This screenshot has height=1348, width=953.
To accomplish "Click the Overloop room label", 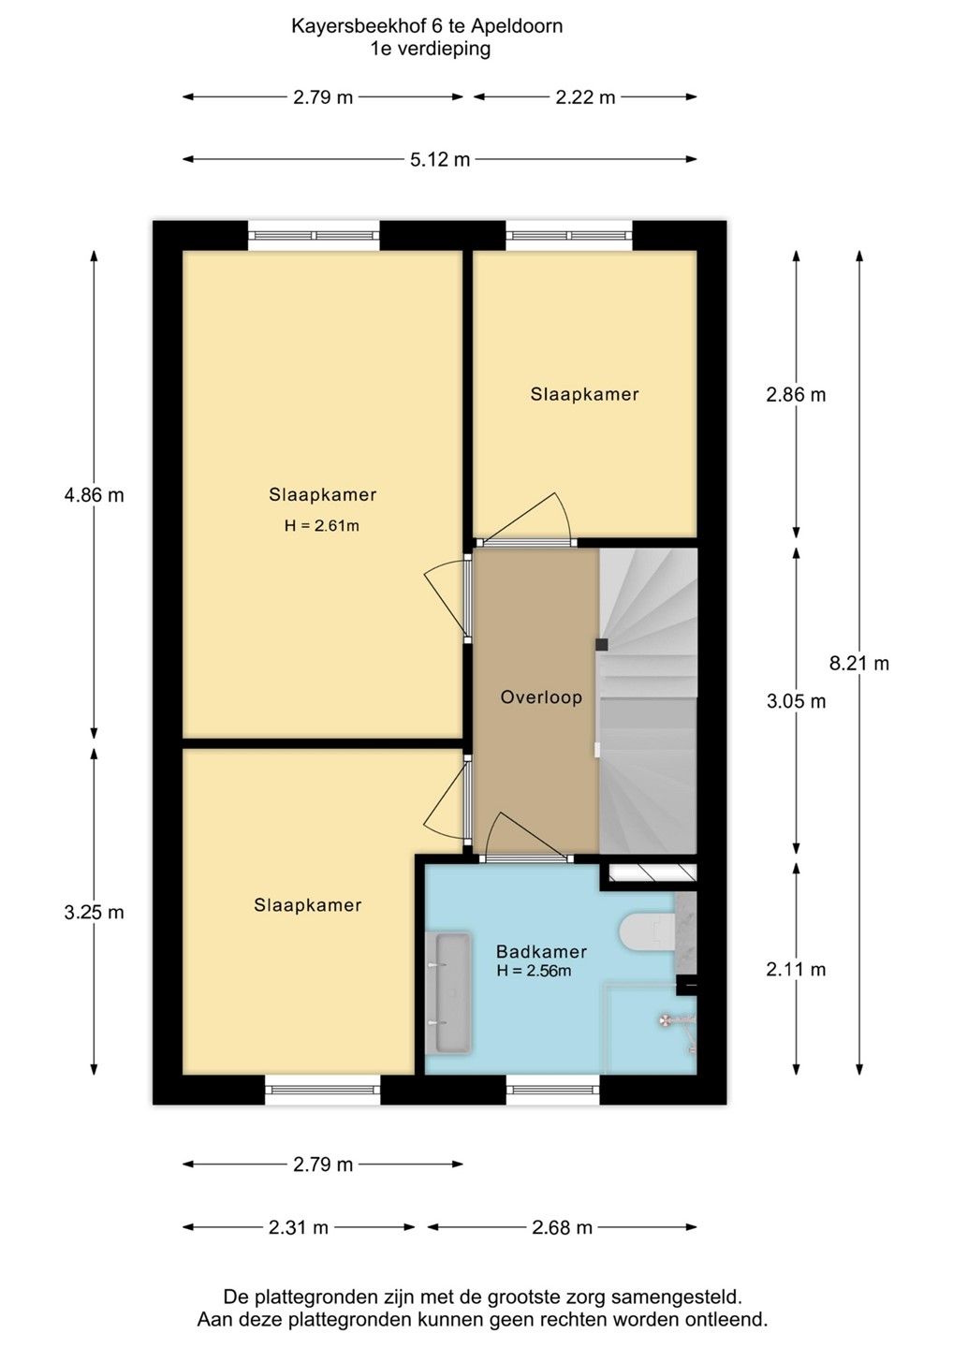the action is tap(541, 697).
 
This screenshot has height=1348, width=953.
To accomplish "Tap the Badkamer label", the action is tap(541, 951).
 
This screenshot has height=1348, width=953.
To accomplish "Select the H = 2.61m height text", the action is tap(321, 526).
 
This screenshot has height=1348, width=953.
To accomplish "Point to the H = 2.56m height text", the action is tap(534, 971).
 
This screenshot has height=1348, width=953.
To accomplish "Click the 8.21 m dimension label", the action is tap(859, 663).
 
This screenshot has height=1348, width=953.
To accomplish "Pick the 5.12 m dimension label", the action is tap(440, 159).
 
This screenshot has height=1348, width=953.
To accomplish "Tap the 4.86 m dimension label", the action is tap(94, 495).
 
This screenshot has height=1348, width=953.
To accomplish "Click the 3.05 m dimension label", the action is tap(796, 701).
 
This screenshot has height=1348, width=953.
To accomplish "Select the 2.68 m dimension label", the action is tap(562, 1227).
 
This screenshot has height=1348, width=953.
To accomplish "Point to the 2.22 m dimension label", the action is tap(585, 97).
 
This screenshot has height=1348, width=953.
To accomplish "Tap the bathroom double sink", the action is tap(448, 992).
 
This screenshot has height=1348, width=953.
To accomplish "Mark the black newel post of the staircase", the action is tap(602, 644).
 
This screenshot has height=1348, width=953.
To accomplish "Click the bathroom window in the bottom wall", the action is tap(553, 1089).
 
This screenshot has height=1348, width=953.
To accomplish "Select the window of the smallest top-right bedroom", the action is tap(569, 236).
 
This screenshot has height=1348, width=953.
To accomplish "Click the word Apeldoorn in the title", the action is tap(517, 27).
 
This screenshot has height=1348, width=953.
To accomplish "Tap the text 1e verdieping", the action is tap(431, 49).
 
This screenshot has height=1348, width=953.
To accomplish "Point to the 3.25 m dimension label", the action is tap(94, 913).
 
